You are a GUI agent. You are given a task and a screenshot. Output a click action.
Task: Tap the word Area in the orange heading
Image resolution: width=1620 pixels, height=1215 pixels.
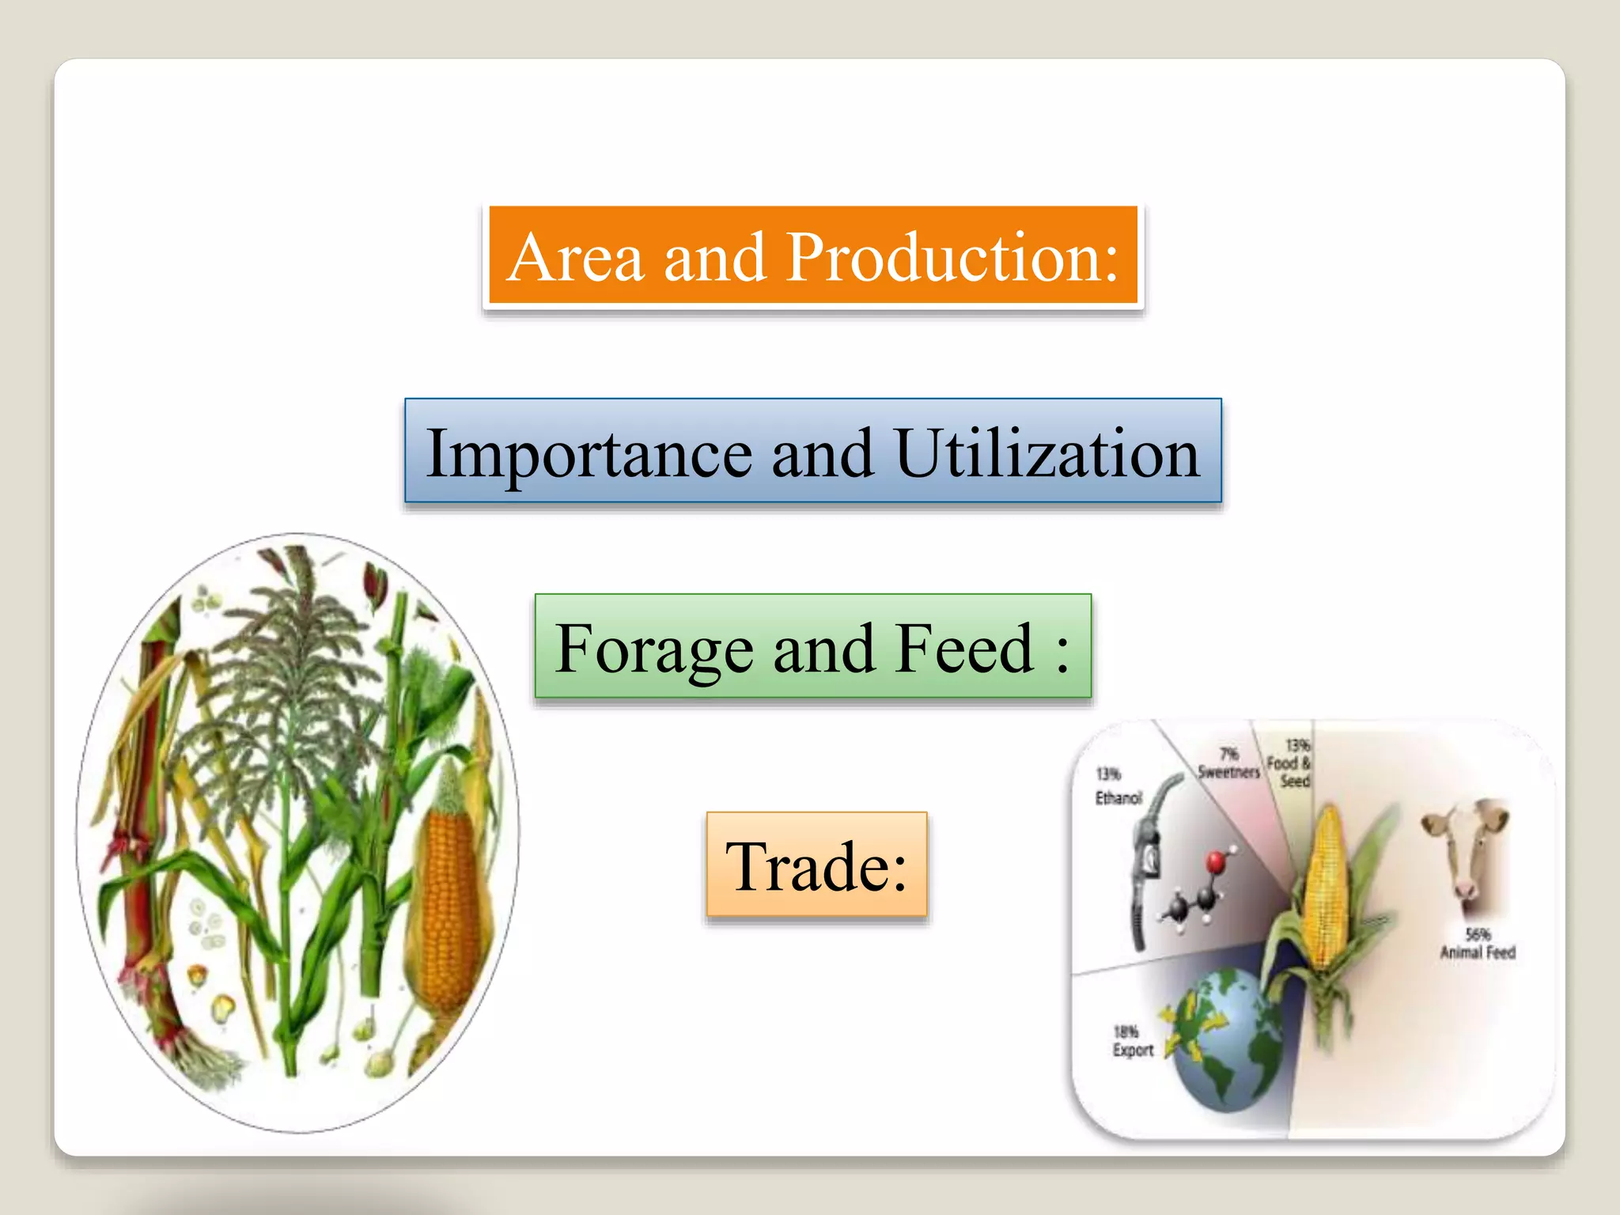(x=575, y=258)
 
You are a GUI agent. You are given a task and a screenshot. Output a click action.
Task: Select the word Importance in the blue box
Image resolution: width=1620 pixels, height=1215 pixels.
(x=589, y=453)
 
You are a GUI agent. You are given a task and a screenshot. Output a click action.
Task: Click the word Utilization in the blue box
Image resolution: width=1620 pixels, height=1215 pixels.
(x=1047, y=453)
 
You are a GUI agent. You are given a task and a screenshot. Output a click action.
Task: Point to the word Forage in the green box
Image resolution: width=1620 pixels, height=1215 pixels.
(x=654, y=649)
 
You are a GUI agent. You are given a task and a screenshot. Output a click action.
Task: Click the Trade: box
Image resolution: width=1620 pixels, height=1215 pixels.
(x=816, y=865)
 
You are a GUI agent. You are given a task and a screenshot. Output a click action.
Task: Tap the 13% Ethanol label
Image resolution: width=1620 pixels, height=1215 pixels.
(x=1118, y=785)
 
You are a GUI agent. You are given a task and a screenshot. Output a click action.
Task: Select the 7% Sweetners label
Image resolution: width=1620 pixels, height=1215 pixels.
(x=1228, y=763)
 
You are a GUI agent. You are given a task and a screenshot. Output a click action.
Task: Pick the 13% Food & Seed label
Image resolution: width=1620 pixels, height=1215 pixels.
(x=1290, y=763)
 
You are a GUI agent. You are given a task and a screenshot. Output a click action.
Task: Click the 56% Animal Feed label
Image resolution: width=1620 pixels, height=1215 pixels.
(x=1477, y=944)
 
